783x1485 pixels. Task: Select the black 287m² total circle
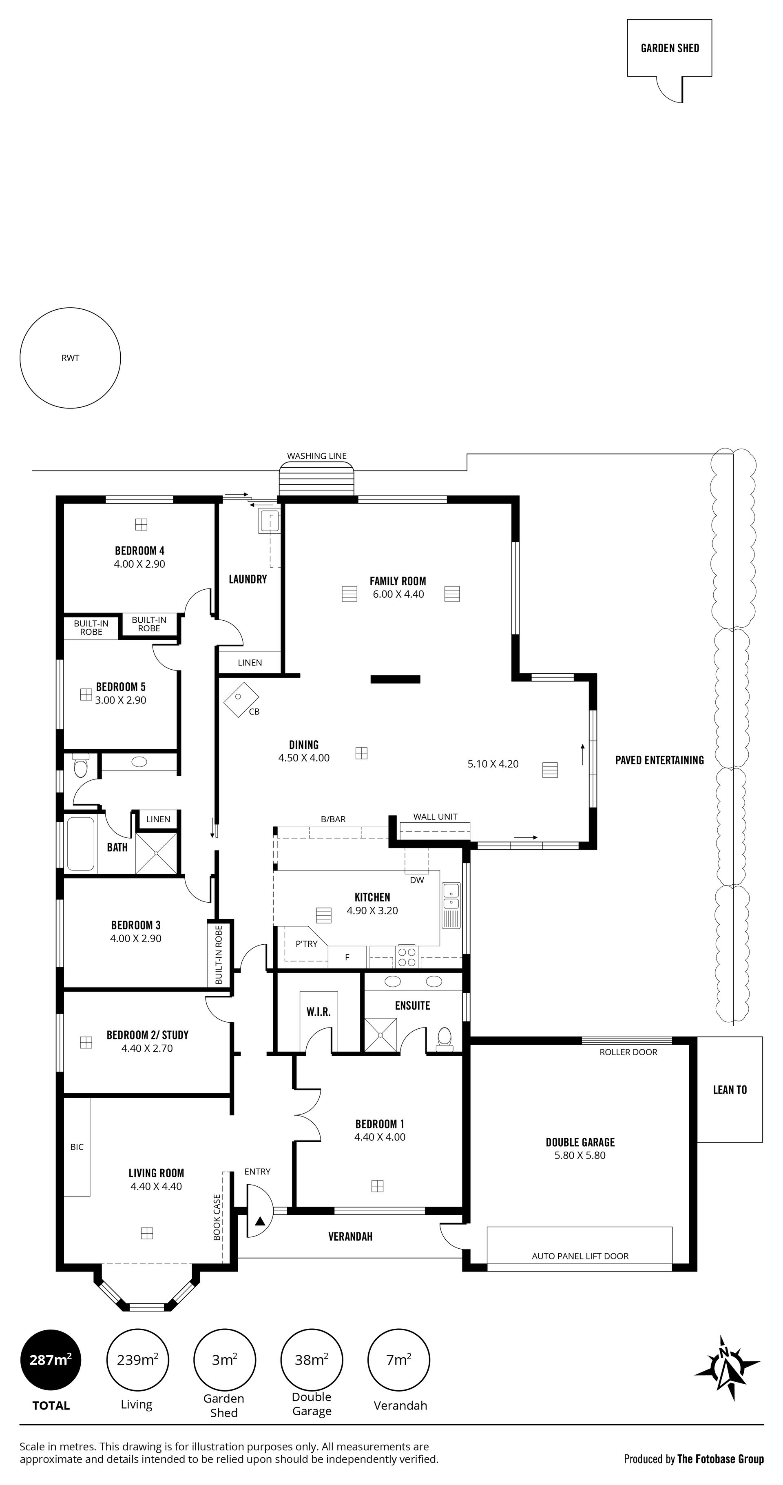coord(51,1360)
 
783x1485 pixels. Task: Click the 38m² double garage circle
coord(312,1360)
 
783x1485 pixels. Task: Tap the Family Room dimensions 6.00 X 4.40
coord(398,594)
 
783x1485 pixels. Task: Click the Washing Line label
coord(317,456)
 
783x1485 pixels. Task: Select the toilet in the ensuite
coord(444,1038)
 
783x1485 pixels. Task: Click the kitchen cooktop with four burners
coord(407,957)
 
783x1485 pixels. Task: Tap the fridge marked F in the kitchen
coord(347,957)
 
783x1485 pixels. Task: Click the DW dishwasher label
coord(417,880)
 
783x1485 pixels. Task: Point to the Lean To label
coord(730,1090)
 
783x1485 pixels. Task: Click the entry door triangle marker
coord(260,1221)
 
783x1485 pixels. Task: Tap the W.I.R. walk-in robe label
coord(318,1012)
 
